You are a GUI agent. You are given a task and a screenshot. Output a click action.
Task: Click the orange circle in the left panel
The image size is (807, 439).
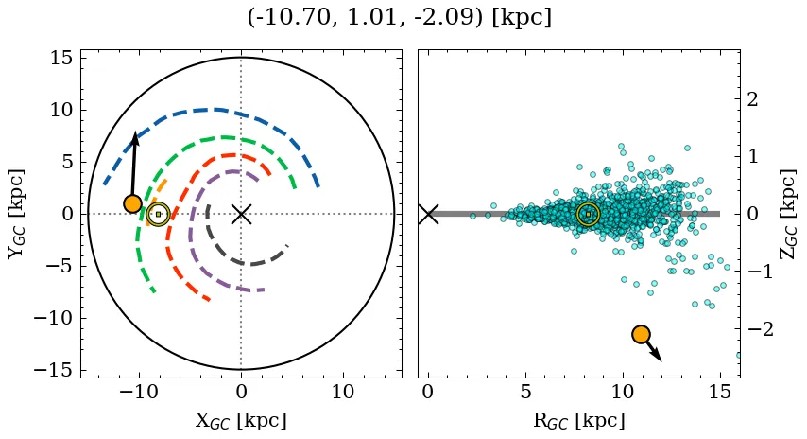click(x=132, y=203)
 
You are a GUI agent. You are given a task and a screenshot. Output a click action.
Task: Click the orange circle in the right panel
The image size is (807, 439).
click(x=641, y=334)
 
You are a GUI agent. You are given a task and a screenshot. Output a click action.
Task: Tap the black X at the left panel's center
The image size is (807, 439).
click(x=241, y=214)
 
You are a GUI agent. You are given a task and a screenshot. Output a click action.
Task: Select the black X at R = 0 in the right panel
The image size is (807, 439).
click(x=428, y=214)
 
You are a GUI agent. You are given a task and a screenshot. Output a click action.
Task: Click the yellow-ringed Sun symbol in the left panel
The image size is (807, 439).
click(x=158, y=214)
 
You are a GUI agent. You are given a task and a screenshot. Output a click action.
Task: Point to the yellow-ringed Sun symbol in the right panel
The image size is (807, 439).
click(x=588, y=214)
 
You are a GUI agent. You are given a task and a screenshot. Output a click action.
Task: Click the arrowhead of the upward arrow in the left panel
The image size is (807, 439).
click(x=135, y=138)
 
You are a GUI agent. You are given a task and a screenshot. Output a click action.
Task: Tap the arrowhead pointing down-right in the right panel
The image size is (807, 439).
click(x=659, y=358)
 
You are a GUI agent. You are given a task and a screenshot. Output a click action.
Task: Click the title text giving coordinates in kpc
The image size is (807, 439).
click(x=399, y=18)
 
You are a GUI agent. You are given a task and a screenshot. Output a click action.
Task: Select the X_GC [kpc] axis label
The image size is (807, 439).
click(x=241, y=420)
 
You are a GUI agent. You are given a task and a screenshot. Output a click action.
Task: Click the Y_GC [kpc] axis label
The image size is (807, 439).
click(x=17, y=214)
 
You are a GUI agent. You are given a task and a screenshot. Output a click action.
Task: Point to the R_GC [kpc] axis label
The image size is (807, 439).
click(x=578, y=420)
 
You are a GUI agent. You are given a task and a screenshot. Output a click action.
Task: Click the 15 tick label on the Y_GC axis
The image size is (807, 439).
click(x=60, y=58)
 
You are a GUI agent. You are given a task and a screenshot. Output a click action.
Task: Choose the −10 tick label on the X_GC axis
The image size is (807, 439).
click(x=139, y=392)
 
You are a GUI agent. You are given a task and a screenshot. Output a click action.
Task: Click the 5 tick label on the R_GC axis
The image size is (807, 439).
click(x=525, y=392)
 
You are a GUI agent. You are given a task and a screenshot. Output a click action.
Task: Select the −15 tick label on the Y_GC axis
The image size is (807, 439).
click(x=53, y=370)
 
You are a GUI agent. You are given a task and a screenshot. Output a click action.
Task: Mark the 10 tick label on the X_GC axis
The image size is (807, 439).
click(x=343, y=392)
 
